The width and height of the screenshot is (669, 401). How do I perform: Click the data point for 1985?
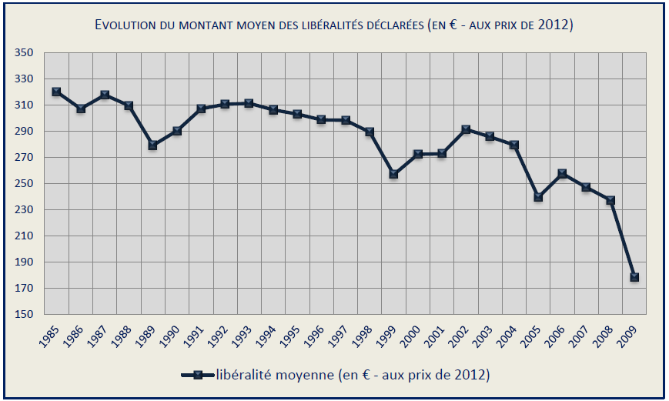(x=56, y=92)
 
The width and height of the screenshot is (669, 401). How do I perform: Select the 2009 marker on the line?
(x=634, y=277)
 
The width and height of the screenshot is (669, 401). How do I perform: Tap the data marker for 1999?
(x=393, y=174)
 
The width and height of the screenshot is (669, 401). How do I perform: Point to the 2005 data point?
(x=538, y=197)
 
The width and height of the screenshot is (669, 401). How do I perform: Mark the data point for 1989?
(x=152, y=145)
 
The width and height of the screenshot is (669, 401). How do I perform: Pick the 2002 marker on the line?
(x=466, y=129)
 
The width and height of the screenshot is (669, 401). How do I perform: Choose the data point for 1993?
(x=249, y=103)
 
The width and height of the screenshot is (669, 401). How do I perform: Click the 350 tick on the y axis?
(x=24, y=53)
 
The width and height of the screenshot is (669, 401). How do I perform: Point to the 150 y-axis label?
(x=24, y=315)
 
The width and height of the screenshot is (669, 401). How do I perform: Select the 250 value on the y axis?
(x=24, y=184)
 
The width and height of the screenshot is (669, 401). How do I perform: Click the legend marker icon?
(x=198, y=375)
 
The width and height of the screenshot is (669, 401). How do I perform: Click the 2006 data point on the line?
(x=562, y=174)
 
